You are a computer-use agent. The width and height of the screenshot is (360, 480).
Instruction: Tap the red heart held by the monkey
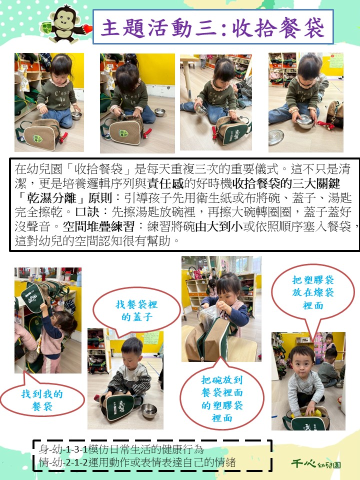(88, 28)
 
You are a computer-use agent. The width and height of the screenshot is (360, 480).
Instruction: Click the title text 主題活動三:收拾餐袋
(212, 27)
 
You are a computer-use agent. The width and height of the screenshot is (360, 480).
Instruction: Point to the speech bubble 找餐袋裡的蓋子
(136, 310)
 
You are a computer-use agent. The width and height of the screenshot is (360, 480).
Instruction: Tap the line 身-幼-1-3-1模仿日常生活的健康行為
(121, 449)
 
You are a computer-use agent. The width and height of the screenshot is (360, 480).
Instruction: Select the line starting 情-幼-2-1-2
(137, 462)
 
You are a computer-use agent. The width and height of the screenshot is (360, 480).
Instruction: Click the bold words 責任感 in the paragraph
(165, 183)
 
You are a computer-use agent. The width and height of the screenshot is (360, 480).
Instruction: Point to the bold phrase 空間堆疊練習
(98, 227)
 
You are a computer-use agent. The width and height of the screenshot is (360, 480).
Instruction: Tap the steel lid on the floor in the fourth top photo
(276, 137)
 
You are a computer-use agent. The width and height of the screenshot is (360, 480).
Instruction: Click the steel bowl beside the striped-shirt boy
(149, 410)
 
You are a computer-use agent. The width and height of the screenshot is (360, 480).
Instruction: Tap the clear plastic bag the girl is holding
(208, 316)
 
